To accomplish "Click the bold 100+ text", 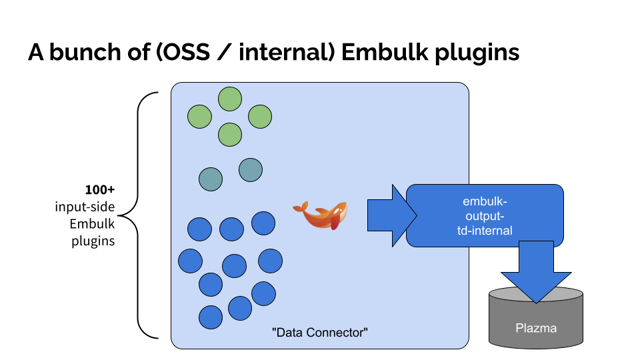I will (x=99, y=190).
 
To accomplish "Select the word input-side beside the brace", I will (x=85, y=207).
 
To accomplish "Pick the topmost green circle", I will (x=230, y=99).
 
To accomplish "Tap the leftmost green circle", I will (x=199, y=117).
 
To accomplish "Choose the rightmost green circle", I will (x=260, y=117).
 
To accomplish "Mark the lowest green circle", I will (x=230, y=135).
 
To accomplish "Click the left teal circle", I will (x=211, y=178).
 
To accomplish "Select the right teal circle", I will (x=251, y=169).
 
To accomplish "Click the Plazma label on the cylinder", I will (x=536, y=327).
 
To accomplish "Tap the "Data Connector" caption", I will (x=320, y=331).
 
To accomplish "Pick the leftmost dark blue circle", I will (x=190, y=261).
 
